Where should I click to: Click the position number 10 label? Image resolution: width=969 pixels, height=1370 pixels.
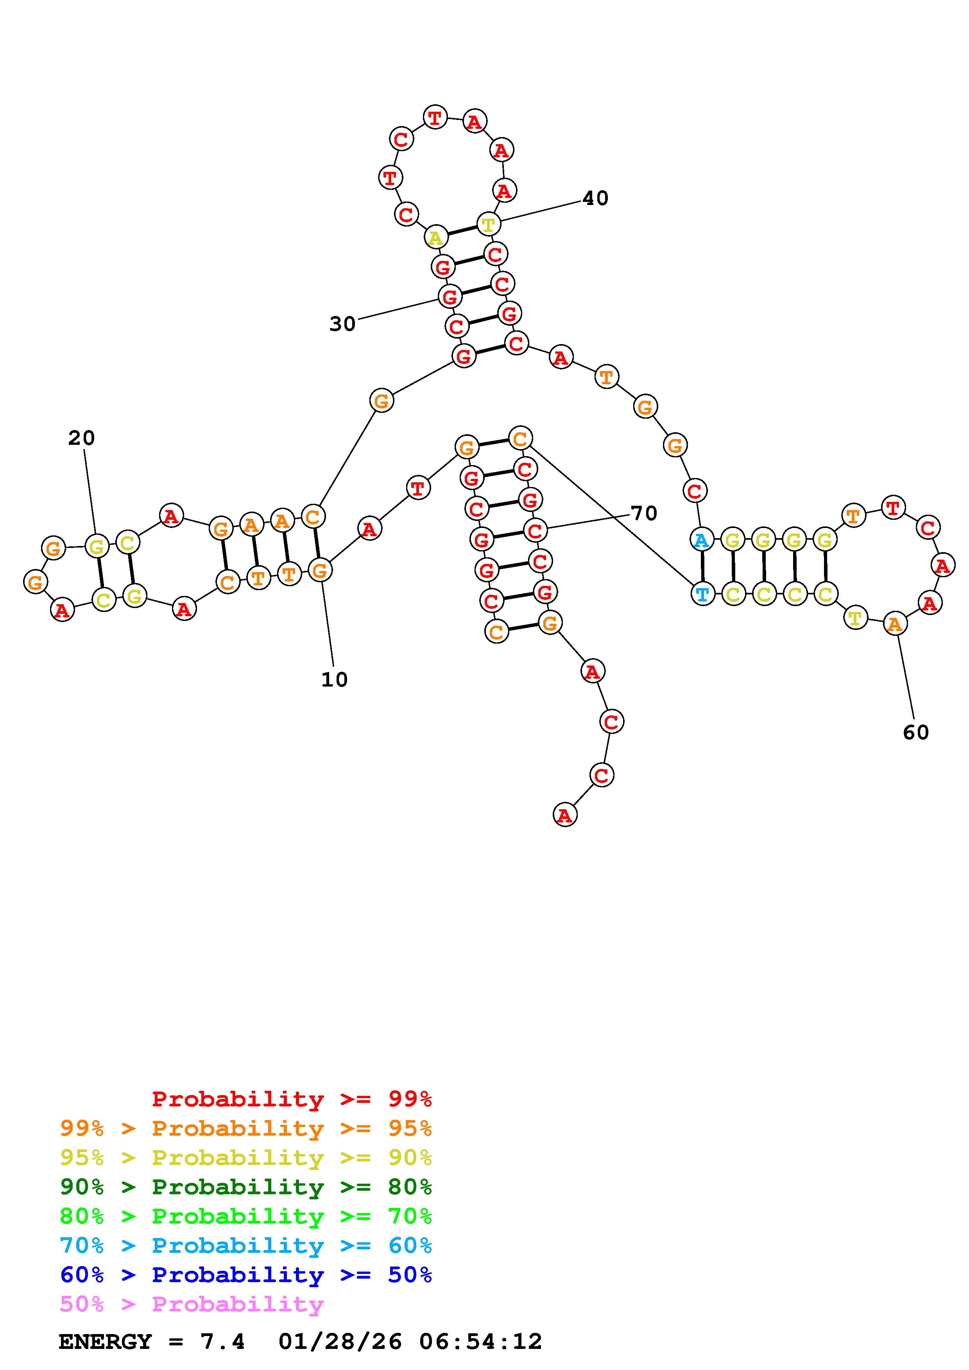(334, 680)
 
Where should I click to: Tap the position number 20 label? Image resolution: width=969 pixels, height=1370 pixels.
(81, 439)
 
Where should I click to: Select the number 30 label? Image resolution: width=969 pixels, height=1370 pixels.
(342, 324)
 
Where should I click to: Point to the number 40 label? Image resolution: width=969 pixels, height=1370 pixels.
(595, 198)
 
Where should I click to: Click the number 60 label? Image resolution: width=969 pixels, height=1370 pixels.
(916, 732)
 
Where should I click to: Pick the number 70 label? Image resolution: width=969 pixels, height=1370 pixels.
(644, 513)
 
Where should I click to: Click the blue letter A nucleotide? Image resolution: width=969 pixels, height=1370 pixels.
(702, 540)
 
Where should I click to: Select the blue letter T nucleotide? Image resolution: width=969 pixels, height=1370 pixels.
(703, 594)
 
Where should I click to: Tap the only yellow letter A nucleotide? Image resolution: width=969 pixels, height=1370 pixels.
(436, 237)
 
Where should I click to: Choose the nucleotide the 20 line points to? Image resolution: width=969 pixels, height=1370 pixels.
(97, 546)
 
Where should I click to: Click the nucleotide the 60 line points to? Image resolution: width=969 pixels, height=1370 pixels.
(894, 624)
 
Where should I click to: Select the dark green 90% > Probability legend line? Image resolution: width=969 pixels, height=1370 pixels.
(246, 1187)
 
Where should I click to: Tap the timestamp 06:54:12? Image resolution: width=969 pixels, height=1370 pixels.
(481, 1342)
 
